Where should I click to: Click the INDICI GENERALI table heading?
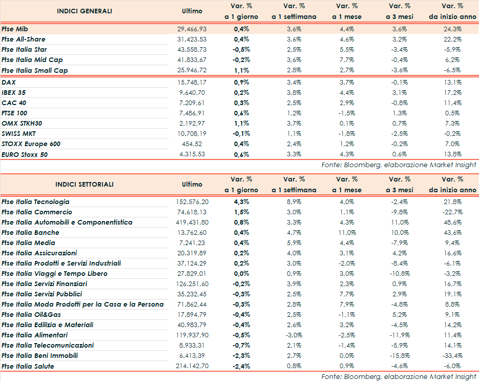click(85, 11)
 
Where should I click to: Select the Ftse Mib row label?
click(15, 29)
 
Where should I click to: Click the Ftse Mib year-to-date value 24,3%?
click(452, 29)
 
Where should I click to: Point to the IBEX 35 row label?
click(14, 93)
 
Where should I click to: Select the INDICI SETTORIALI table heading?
click(85, 184)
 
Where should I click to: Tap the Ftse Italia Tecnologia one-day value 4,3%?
click(241, 202)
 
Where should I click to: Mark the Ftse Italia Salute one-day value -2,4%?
click(241, 366)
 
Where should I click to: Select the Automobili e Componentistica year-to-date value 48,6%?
click(452, 223)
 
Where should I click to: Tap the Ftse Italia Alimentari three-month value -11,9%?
click(400, 335)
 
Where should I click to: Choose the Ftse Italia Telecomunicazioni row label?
click(48, 346)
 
